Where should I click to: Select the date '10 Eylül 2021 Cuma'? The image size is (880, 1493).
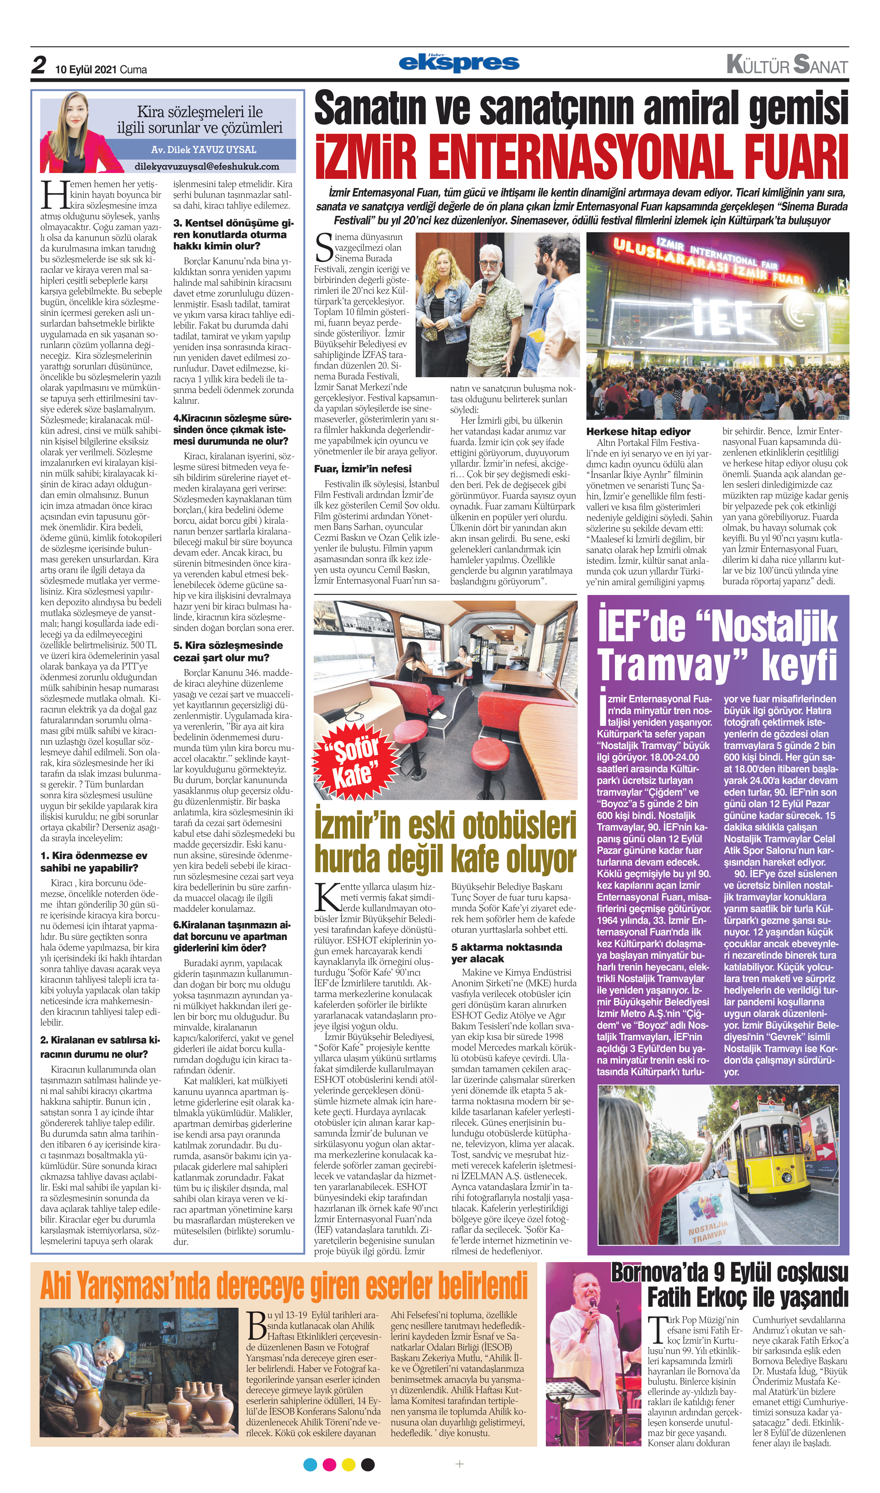tap(101, 69)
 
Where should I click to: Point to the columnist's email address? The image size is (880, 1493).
tap(206, 167)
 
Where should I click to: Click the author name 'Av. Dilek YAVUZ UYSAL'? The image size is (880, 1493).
tap(203, 149)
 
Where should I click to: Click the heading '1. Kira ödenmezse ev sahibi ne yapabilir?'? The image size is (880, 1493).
tap(94, 861)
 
